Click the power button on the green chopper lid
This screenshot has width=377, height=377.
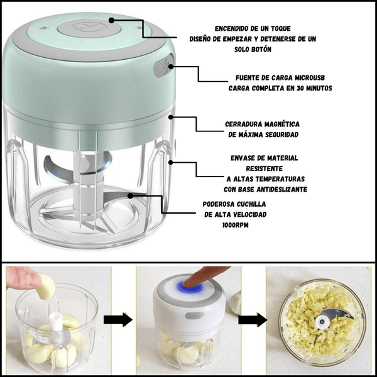[x=89, y=28]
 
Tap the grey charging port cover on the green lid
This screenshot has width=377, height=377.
[x=164, y=65]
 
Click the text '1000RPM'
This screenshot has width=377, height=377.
[x=236, y=226]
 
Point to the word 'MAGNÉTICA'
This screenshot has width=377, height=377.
[x=282, y=124]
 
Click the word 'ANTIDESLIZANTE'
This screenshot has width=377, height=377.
[x=281, y=190]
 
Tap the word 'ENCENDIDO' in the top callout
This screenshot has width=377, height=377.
[x=231, y=29]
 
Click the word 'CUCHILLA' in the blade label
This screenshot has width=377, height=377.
[x=251, y=204]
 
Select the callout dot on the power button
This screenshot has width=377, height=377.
[x=111, y=21]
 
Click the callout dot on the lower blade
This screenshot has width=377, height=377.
[x=130, y=196]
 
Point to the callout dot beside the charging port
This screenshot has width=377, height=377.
[x=171, y=67]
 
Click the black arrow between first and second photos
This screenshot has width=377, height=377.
[x=118, y=320]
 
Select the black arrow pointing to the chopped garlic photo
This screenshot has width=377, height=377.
[x=253, y=320]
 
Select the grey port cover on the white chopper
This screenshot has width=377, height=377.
[x=195, y=315]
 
